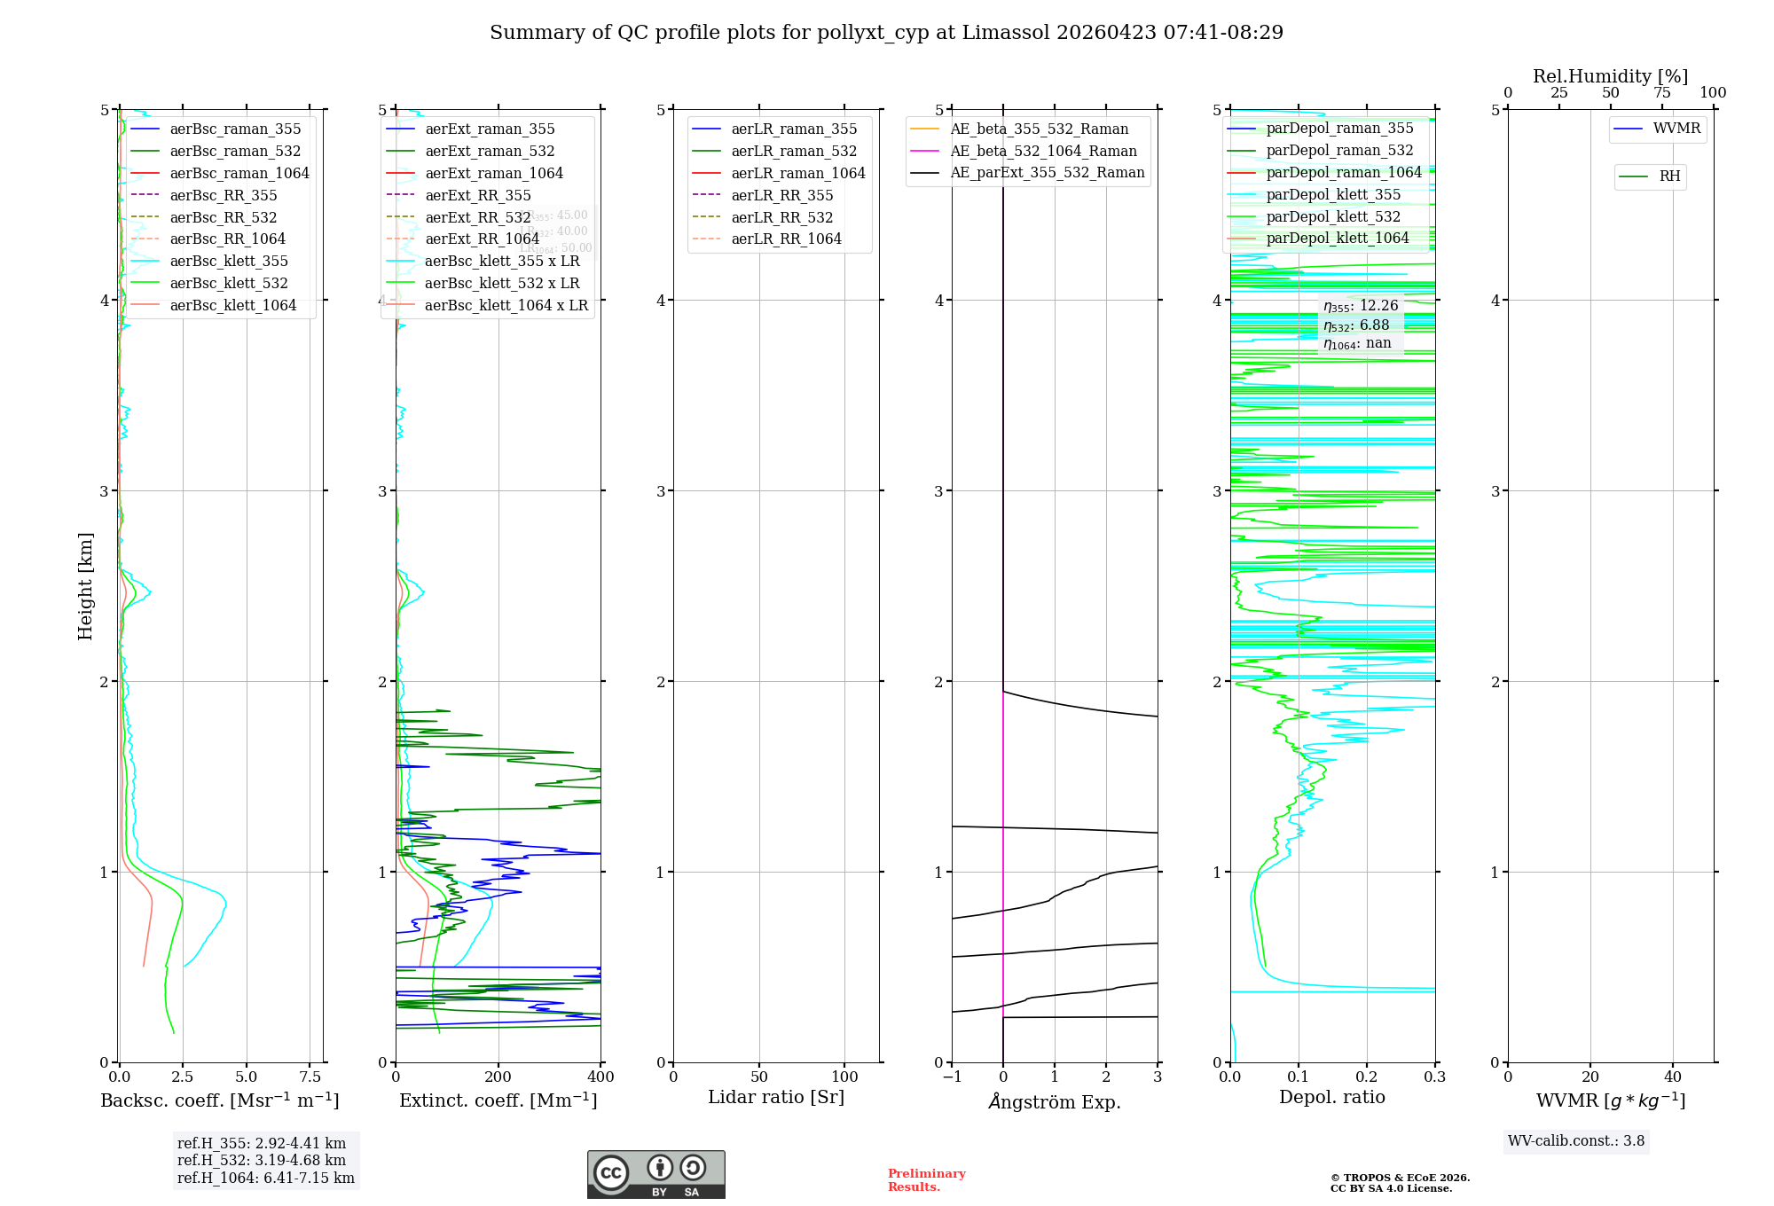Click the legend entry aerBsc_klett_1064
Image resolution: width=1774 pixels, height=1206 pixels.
[x=233, y=305]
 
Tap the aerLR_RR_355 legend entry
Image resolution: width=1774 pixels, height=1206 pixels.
[x=781, y=195]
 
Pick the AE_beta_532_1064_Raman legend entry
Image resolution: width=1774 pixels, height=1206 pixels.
[x=1043, y=151]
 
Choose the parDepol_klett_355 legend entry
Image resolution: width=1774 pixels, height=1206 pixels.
[x=1333, y=194]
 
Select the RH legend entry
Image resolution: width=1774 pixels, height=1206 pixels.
[x=1669, y=176]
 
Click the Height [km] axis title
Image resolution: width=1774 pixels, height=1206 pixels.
[x=85, y=586]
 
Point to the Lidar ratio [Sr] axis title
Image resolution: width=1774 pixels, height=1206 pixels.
[x=776, y=1097]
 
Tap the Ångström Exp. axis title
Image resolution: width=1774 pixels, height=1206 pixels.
[x=1055, y=1102]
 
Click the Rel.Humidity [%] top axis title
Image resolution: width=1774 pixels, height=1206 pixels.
[x=1610, y=76]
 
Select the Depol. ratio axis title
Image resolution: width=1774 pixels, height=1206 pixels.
[x=1331, y=1097]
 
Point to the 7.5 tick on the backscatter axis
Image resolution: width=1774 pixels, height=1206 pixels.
[x=310, y=1077]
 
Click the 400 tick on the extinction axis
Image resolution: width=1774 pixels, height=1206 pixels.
[x=600, y=1077]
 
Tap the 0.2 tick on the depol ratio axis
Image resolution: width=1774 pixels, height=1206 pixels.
[x=1367, y=1077]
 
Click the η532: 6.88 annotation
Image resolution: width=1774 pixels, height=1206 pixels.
[x=1356, y=325]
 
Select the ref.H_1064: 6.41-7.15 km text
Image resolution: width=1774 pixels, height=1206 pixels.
[x=265, y=1178]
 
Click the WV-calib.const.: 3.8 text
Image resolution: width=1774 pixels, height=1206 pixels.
[x=1576, y=1140]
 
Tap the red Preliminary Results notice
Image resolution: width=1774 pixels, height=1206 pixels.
[x=926, y=1179]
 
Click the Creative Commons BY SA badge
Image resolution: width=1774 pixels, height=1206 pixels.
[x=655, y=1174]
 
